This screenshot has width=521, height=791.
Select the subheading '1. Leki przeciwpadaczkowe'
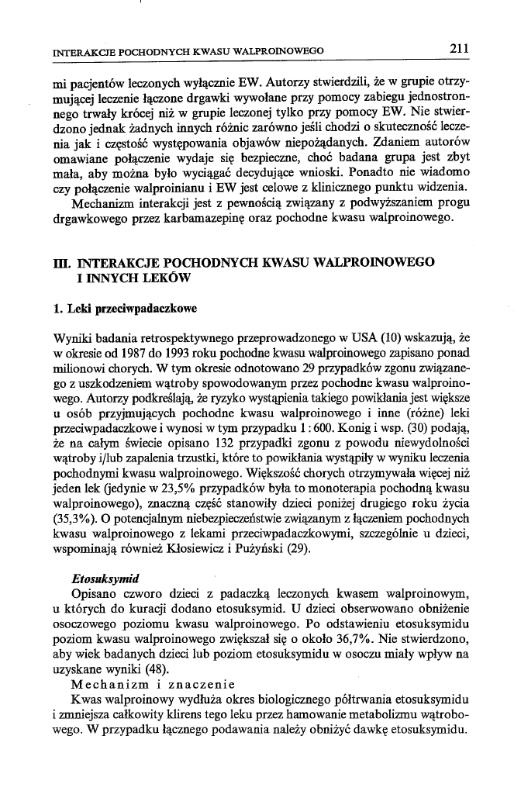point(122,308)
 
